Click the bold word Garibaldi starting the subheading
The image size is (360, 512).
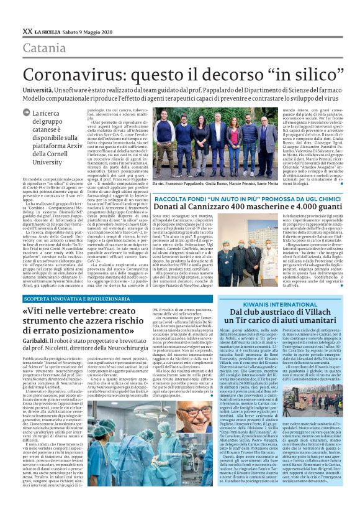pos(37,337)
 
